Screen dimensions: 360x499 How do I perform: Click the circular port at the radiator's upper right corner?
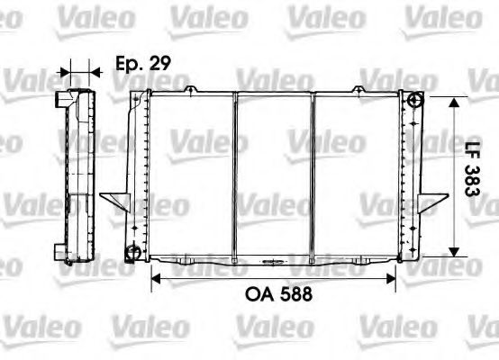tap(414, 100)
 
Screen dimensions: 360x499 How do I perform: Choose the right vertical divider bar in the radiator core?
tap(312, 175)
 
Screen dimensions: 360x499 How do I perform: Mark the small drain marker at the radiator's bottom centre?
tap(271, 261)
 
